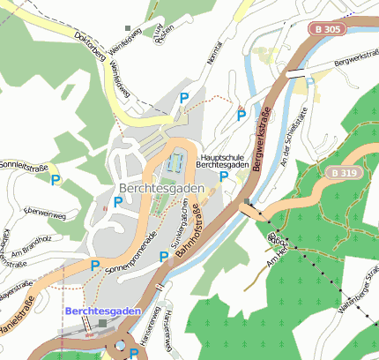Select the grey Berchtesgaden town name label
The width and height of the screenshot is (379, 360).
[x=160, y=189]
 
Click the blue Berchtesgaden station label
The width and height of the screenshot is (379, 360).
[x=102, y=311]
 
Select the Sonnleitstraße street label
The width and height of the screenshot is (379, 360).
[x=24, y=165]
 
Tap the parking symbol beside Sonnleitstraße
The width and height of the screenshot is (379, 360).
[x=56, y=180]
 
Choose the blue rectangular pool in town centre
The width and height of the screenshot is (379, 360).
[x=175, y=162]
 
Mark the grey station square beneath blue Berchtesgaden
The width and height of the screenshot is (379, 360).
[x=103, y=324]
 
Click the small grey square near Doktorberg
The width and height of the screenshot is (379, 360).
[x=128, y=28]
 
